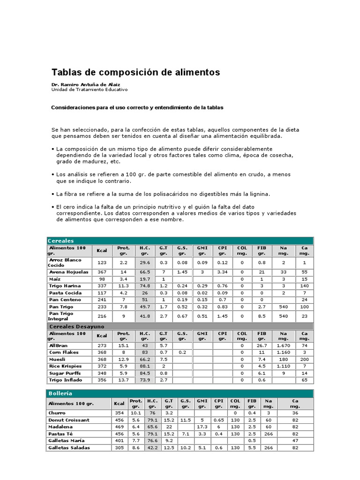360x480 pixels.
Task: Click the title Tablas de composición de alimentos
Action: pyautogui.click(x=135, y=72)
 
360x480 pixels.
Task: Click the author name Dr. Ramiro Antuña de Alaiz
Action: pyautogui.click(x=82, y=84)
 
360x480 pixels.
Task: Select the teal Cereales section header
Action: pyautogui.click(x=61, y=240)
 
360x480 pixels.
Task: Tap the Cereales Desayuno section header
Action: pyautogui.click(x=76, y=326)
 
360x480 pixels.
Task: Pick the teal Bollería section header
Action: pyautogui.click(x=60, y=393)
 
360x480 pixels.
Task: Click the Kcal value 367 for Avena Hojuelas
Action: pyautogui.click(x=102, y=272)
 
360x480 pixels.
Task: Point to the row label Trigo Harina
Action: pyautogui.click(x=65, y=285)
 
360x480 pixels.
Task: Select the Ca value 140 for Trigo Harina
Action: pyautogui.click(x=304, y=285)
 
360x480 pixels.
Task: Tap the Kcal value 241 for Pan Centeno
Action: pyautogui.click(x=102, y=300)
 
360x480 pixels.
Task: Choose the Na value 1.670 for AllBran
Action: pyautogui.click(x=283, y=345)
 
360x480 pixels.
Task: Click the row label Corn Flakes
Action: pyautogui.click(x=64, y=352)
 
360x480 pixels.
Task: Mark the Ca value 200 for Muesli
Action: pyautogui.click(x=304, y=359)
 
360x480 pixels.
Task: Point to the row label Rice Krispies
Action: pyautogui.click(x=65, y=366)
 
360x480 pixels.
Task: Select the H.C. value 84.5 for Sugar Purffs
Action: pyautogui.click(x=144, y=373)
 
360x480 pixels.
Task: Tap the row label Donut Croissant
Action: pyautogui.click(x=68, y=420)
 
